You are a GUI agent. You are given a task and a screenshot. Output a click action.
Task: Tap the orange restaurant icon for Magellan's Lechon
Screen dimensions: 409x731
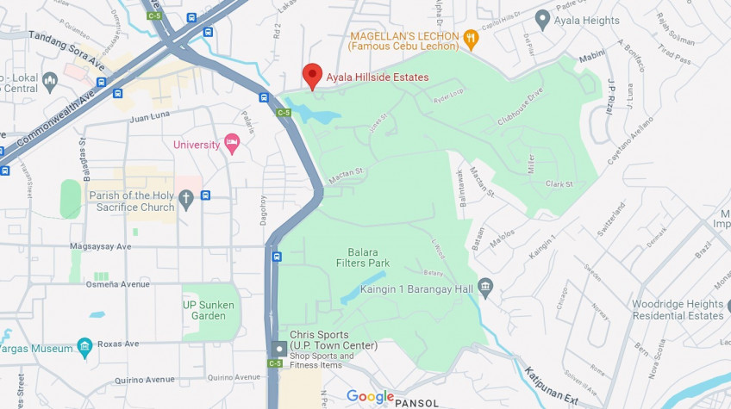(x=470, y=37)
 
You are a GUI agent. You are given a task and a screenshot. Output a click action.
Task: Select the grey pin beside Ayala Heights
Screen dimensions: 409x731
(x=542, y=18)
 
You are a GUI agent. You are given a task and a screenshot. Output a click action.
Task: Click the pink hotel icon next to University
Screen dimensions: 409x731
(x=231, y=142)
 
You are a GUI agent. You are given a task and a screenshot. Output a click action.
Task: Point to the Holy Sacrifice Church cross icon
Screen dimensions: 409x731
(x=185, y=201)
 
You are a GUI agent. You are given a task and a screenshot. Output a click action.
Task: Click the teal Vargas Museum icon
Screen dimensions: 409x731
(x=84, y=347)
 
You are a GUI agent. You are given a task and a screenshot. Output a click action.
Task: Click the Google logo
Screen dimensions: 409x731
(x=370, y=397)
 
